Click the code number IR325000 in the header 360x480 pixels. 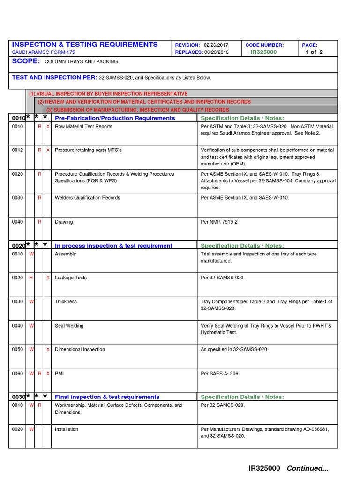(x=263, y=52)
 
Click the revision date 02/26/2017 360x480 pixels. (x=216, y=45)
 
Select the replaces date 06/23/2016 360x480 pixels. (x=217, y=52)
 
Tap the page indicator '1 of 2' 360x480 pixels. (x=314, y=52)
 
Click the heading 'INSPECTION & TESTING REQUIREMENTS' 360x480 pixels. (x=85, y=44)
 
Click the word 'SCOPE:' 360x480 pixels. (x=26, y=61)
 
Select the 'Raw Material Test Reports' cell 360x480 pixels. (x=83, y=126)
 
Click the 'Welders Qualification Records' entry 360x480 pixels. (x=87, y=198)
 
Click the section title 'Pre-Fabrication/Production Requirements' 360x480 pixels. (x=115, y=118)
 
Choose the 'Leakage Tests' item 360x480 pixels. (x=71, y=277)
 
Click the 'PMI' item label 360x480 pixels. (x=59, y=373)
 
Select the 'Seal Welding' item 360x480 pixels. (x=69, y=325)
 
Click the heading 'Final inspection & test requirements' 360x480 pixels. (x=107, y=397)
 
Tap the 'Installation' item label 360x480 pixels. (x=67, y=429)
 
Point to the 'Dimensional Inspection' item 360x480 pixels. (x=80, y=349)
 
